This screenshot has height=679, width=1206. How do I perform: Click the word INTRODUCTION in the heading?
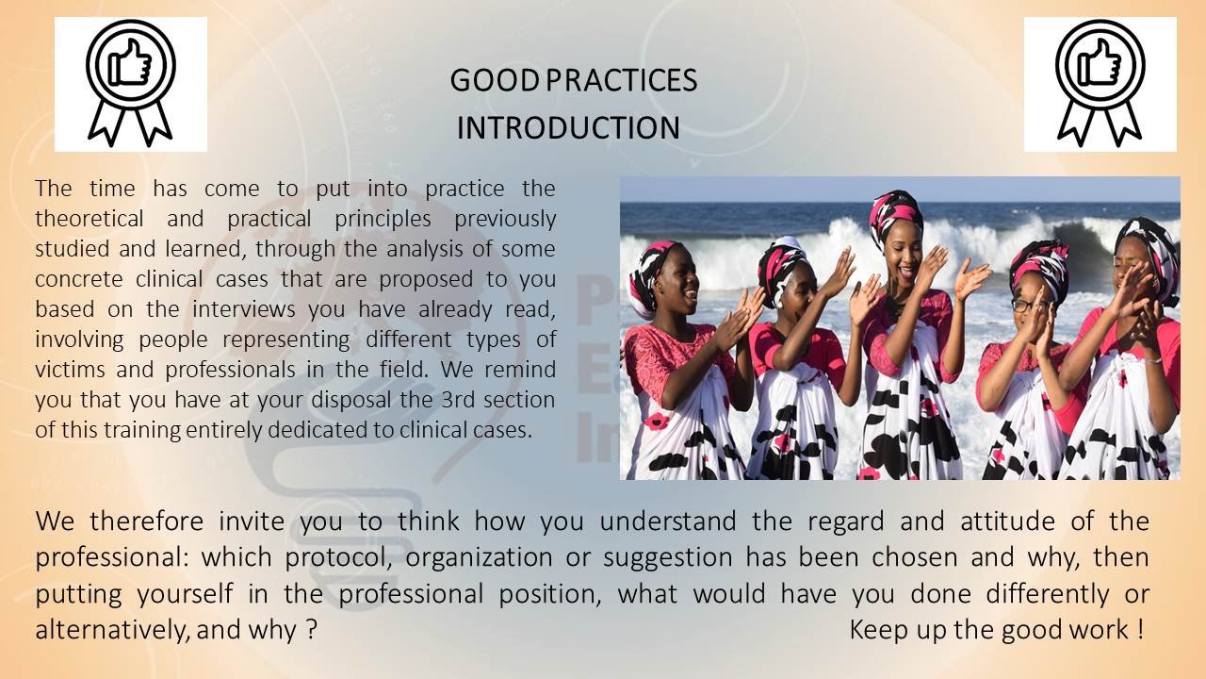pyautogui.click(x=568, y=127)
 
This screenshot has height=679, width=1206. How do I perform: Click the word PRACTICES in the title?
pyautogui.click(x=622, y=80)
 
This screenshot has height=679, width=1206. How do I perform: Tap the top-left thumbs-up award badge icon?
pyautogui.click(x=131, y=84)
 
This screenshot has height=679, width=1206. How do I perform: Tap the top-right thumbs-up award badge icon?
pyautogui.click(x=1100, y=84)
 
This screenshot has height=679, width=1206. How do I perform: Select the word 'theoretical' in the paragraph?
pyautogui.click(x=90, y=219)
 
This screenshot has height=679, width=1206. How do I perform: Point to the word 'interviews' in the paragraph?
pyautogui.click(x=243, y=309)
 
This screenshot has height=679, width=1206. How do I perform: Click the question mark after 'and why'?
pyautogui.click(x=311, y=629)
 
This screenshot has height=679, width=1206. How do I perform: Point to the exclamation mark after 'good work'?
pyautogui.click(x=1141, y=629)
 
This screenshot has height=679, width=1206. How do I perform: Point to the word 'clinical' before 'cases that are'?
pyautogui.click(x=169, y=279)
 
